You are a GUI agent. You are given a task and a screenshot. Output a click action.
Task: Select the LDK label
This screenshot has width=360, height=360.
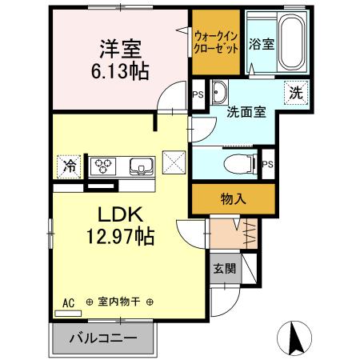tap(120, 215)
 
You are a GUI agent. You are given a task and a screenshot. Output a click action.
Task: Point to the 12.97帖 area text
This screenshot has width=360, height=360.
tap(120, 237)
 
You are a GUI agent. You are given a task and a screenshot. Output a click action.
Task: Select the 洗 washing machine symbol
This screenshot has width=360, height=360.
tap(295, 92)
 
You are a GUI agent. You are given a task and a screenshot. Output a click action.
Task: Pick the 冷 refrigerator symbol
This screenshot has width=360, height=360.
tap(70, 166)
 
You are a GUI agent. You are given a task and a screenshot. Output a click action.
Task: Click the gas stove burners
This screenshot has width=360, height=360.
tap(103, 166)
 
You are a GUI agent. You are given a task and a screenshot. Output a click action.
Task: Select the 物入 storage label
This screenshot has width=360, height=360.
tap(233, 199)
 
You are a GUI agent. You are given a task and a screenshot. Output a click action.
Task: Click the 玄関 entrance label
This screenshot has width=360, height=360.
tap(224, 269)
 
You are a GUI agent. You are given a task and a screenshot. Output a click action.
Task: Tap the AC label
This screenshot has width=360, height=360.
tap(68, 302)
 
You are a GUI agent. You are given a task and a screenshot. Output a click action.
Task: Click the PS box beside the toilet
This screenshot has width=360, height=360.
tap(269, 165)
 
